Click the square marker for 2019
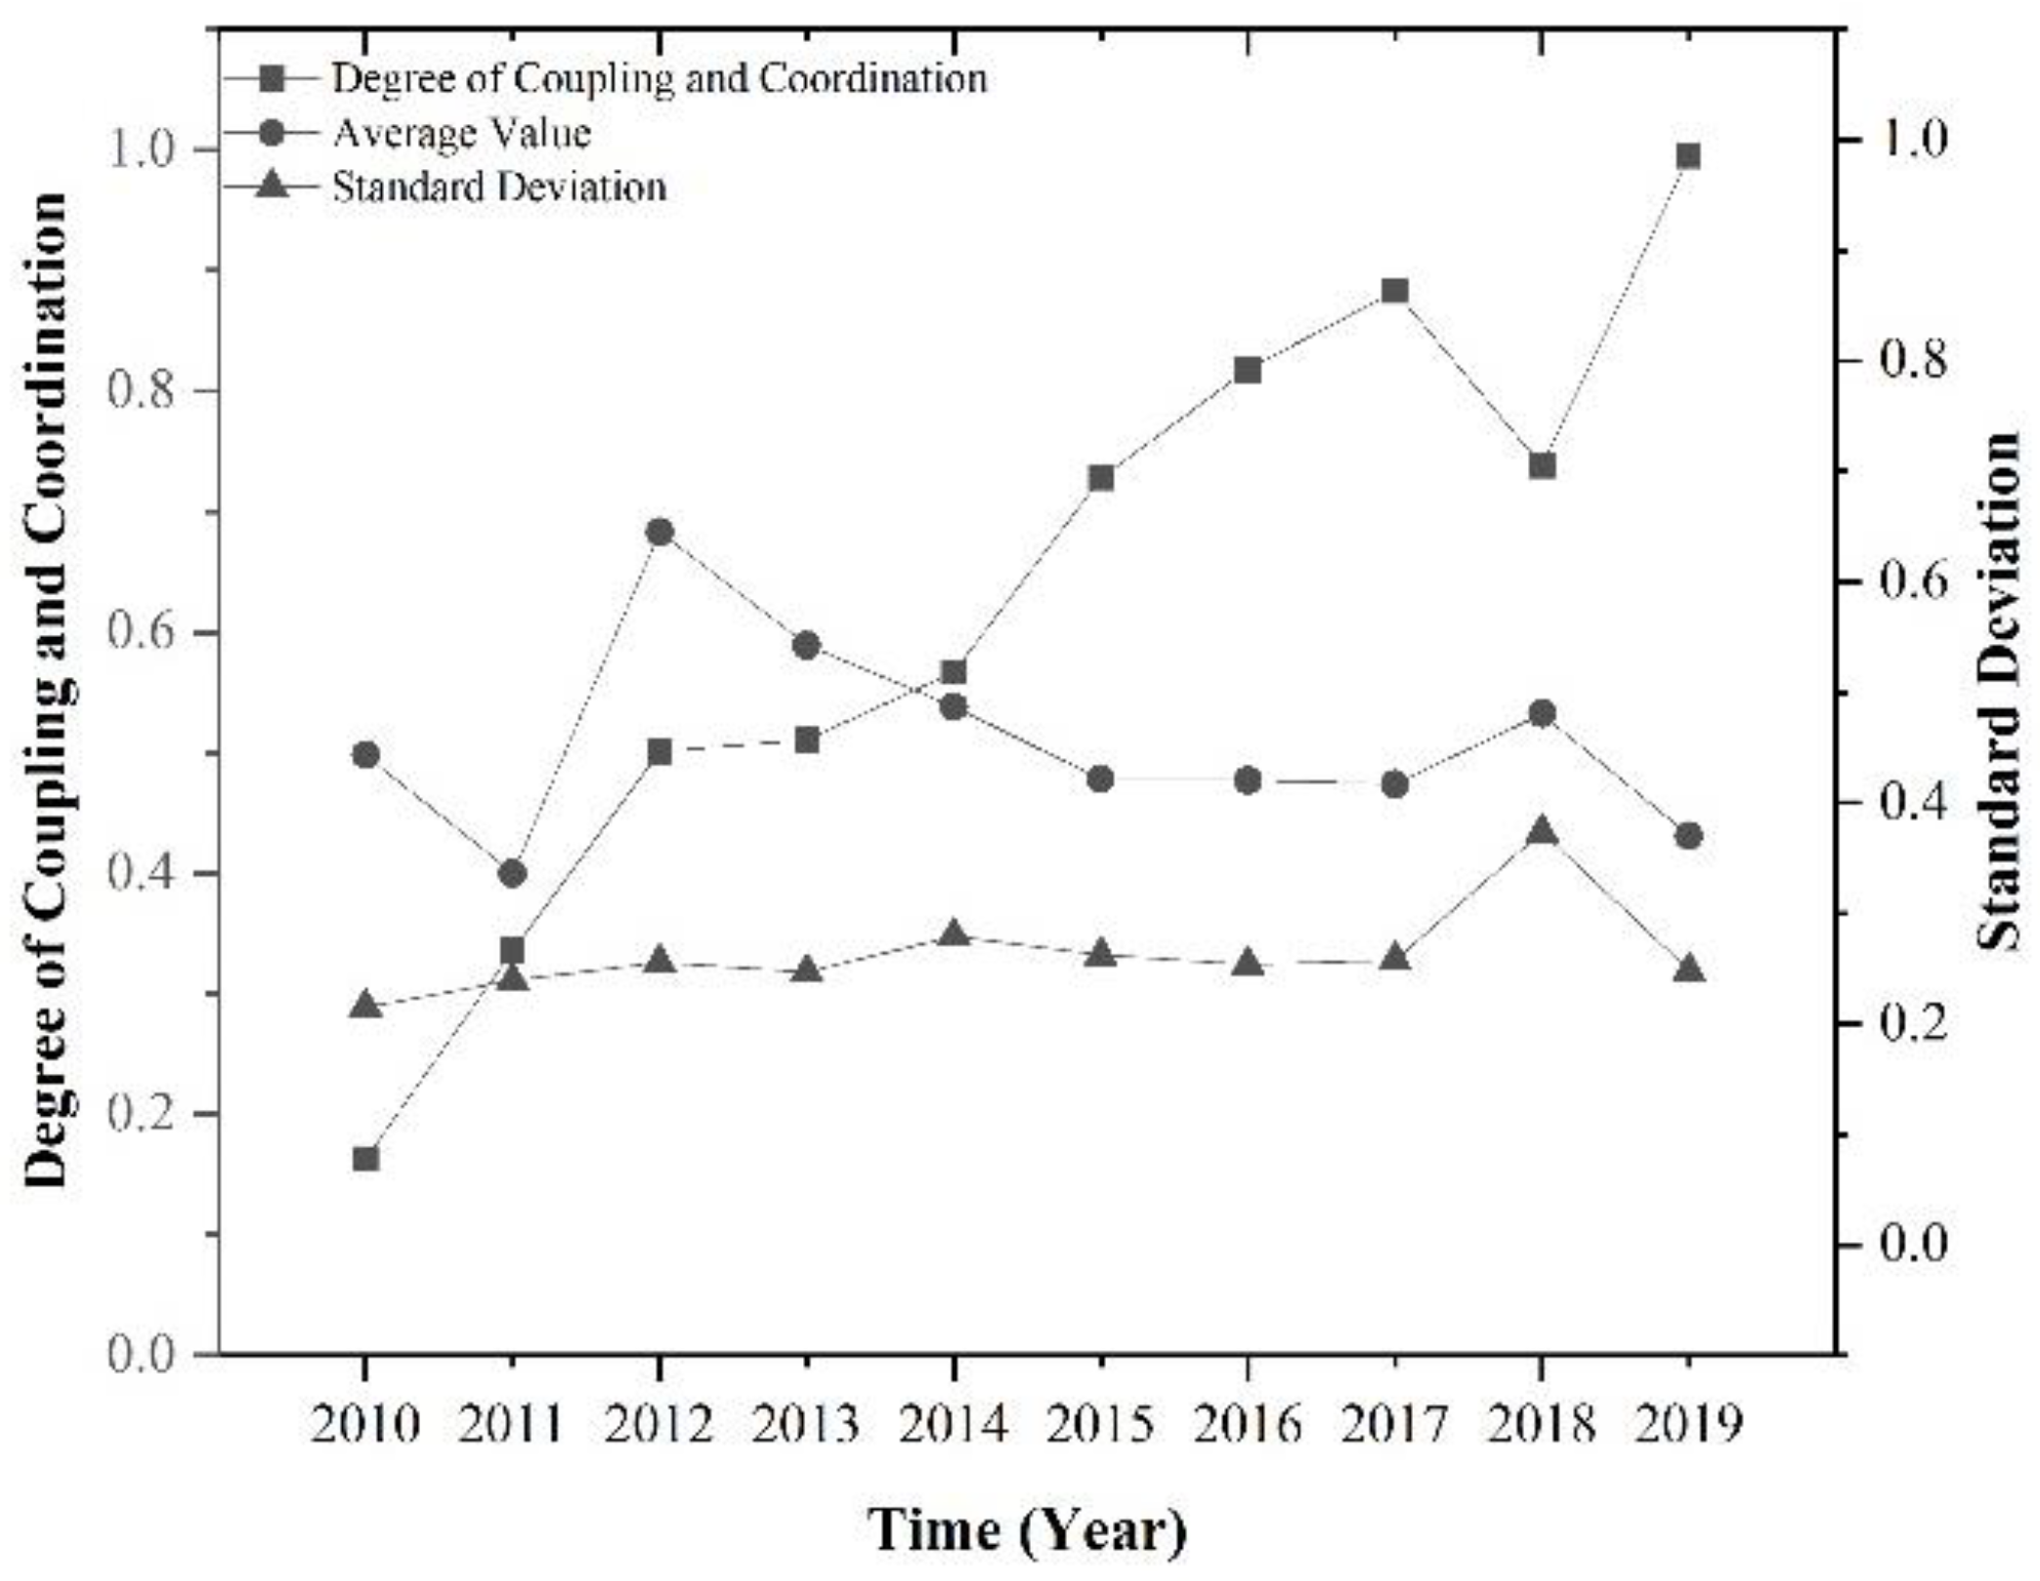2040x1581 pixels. pos(1688,156)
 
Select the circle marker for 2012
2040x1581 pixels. pos(659,533)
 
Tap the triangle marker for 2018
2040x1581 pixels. pos(1542,833)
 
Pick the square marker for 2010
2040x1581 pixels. pos(365,1159)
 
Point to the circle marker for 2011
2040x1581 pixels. pos(512,874)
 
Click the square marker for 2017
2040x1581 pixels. pos(1395,291)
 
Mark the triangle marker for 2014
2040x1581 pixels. pos(954,934)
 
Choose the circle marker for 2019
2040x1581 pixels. pos(1688,836)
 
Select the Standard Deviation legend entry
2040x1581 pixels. pos(499,187)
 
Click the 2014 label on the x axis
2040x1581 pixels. pos(954,1426)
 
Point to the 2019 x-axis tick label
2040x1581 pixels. pos(1688,1426)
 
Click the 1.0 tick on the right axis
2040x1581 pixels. pos(1905,141)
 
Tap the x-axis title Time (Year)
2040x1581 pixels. pos(1028,1531)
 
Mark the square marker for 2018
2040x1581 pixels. pos(1542,465)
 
